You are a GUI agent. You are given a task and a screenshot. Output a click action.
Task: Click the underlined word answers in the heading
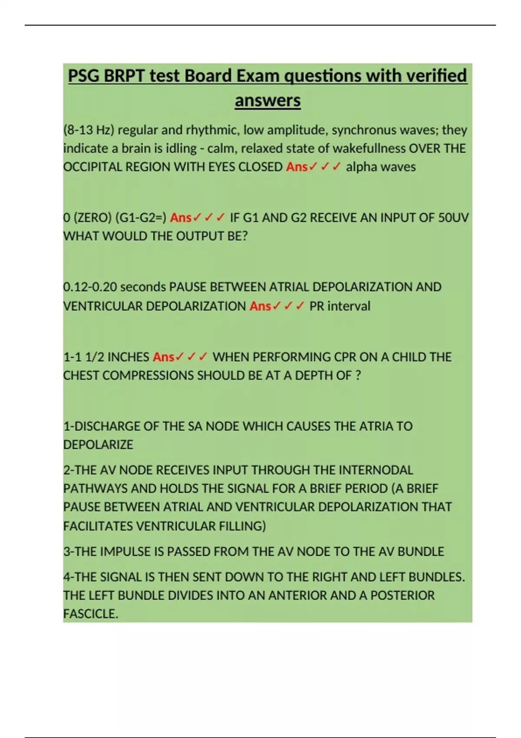267,101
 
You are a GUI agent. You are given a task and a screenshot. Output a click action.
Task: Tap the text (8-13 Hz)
89,130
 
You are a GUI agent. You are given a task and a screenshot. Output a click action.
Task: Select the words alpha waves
380,167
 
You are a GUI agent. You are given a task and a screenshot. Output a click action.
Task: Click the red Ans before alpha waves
297,167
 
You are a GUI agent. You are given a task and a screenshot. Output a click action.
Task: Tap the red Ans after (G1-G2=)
181,217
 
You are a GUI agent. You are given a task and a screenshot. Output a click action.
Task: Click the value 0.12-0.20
90,287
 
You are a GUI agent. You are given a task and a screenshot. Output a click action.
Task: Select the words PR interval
340,306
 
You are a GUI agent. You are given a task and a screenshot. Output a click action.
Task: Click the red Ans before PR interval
260,306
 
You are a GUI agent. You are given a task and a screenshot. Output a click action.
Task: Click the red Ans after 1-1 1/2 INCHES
163,357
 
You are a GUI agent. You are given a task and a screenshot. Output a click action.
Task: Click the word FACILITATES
98,526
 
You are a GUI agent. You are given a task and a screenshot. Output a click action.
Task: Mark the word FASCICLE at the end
90,614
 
